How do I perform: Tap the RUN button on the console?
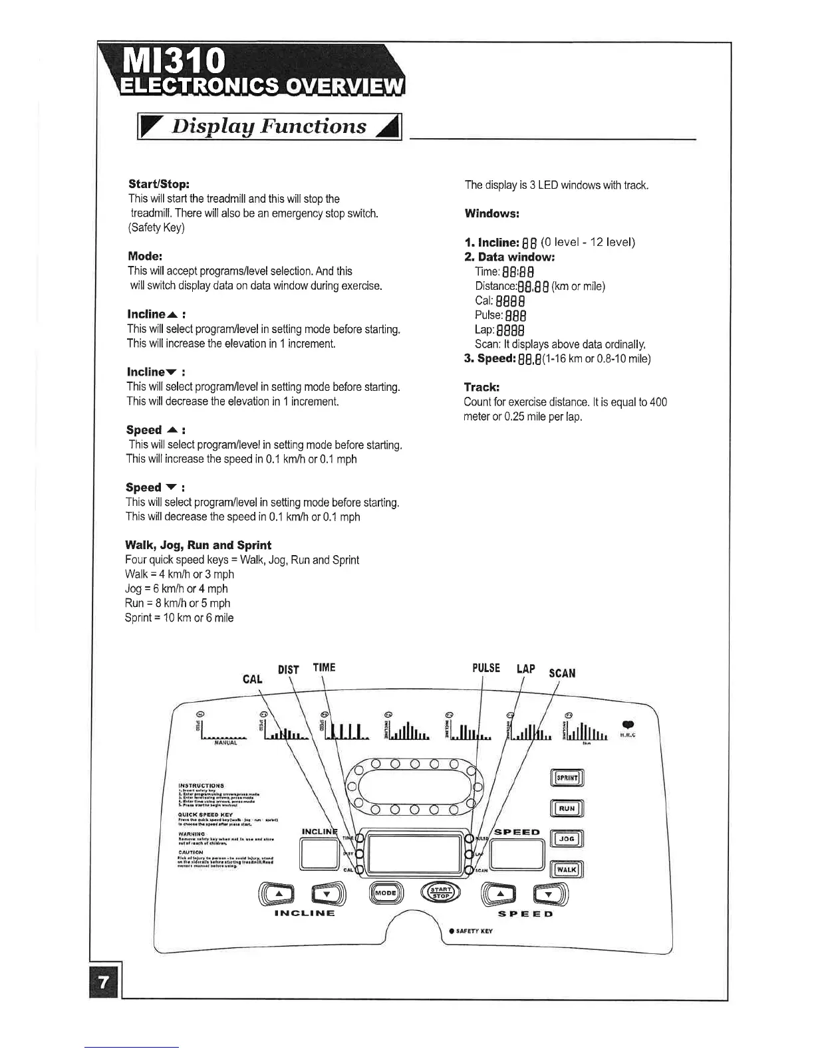pos(567,808)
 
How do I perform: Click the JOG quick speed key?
pos(567,839)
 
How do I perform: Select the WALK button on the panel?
pos(567,869)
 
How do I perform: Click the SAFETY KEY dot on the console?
pos(452,931)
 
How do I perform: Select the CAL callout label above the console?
pos(253,679)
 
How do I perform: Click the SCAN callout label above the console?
pos(562,673)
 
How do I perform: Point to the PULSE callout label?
pos(486,667)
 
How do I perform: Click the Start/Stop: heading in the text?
pos(159,183)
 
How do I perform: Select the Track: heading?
pos(481,387)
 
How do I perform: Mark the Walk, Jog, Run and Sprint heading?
pos(198,545)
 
